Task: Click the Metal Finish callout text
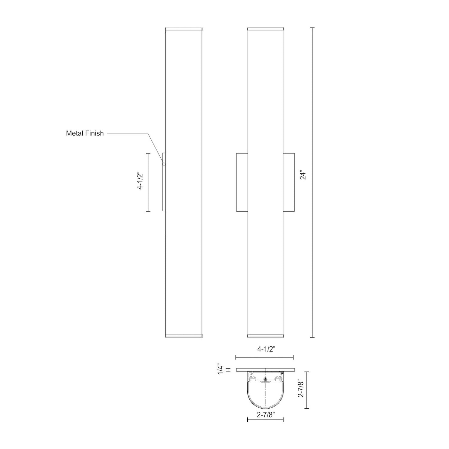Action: (85, 133)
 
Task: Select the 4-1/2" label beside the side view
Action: (140, 182)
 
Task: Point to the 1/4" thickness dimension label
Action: (221, 369)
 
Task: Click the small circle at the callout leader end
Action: (164, 164)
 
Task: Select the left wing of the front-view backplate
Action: (242, 182)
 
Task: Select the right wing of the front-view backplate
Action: (289, 182)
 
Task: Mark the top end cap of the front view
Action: (265, 29)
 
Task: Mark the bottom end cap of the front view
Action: (265, 336)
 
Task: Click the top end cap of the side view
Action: (184, 29)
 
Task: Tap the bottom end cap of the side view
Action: (184, 336)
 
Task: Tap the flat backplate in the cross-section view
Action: (265, 370)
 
